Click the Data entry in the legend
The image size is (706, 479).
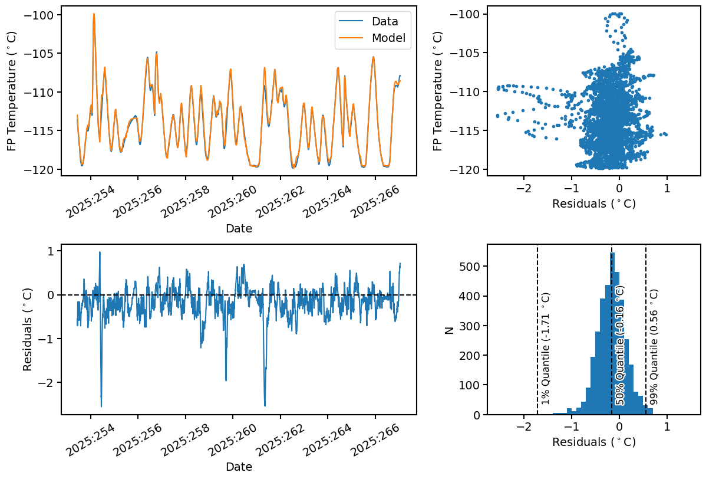point(384,22)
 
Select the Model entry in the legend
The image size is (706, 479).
point(387,38)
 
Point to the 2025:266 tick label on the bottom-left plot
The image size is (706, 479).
point(372,441)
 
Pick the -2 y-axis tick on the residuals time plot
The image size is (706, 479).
point(46,382)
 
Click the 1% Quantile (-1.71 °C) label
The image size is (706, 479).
point(546,348)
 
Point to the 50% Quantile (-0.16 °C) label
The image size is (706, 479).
point(620,345)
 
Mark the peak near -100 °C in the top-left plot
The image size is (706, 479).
point(94,14)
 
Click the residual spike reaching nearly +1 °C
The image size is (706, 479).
point(100,252)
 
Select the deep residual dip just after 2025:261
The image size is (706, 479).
point(265,405)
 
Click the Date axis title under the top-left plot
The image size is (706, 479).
point(239,228)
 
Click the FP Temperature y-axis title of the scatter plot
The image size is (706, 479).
point(437,91)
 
